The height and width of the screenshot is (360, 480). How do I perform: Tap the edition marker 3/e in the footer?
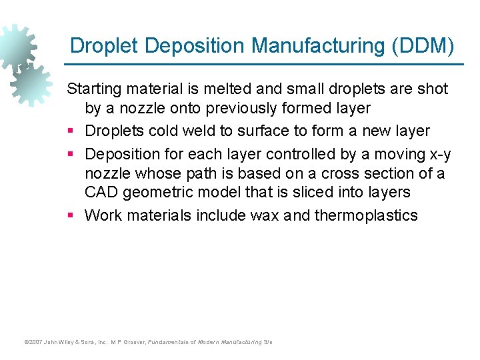(x=267, y=342)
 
